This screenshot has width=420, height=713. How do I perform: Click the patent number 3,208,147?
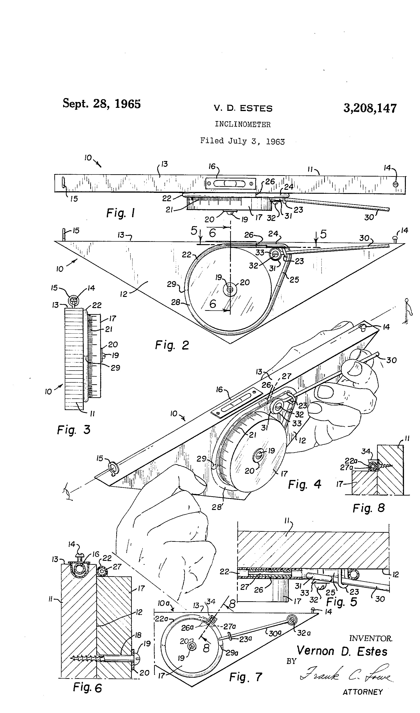coord(370,108)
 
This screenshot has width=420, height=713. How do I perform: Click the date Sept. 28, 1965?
coord(102,104)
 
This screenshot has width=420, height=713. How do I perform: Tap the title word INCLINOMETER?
coord(242,124)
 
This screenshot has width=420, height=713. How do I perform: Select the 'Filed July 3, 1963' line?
coord(242,141)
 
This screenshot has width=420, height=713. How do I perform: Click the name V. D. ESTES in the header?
coord(243,108)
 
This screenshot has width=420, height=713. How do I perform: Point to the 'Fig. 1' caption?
coord(121,213)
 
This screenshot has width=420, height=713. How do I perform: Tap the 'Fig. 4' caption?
coord(304,484)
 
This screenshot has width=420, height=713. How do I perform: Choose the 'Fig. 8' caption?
coord(368,508)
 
